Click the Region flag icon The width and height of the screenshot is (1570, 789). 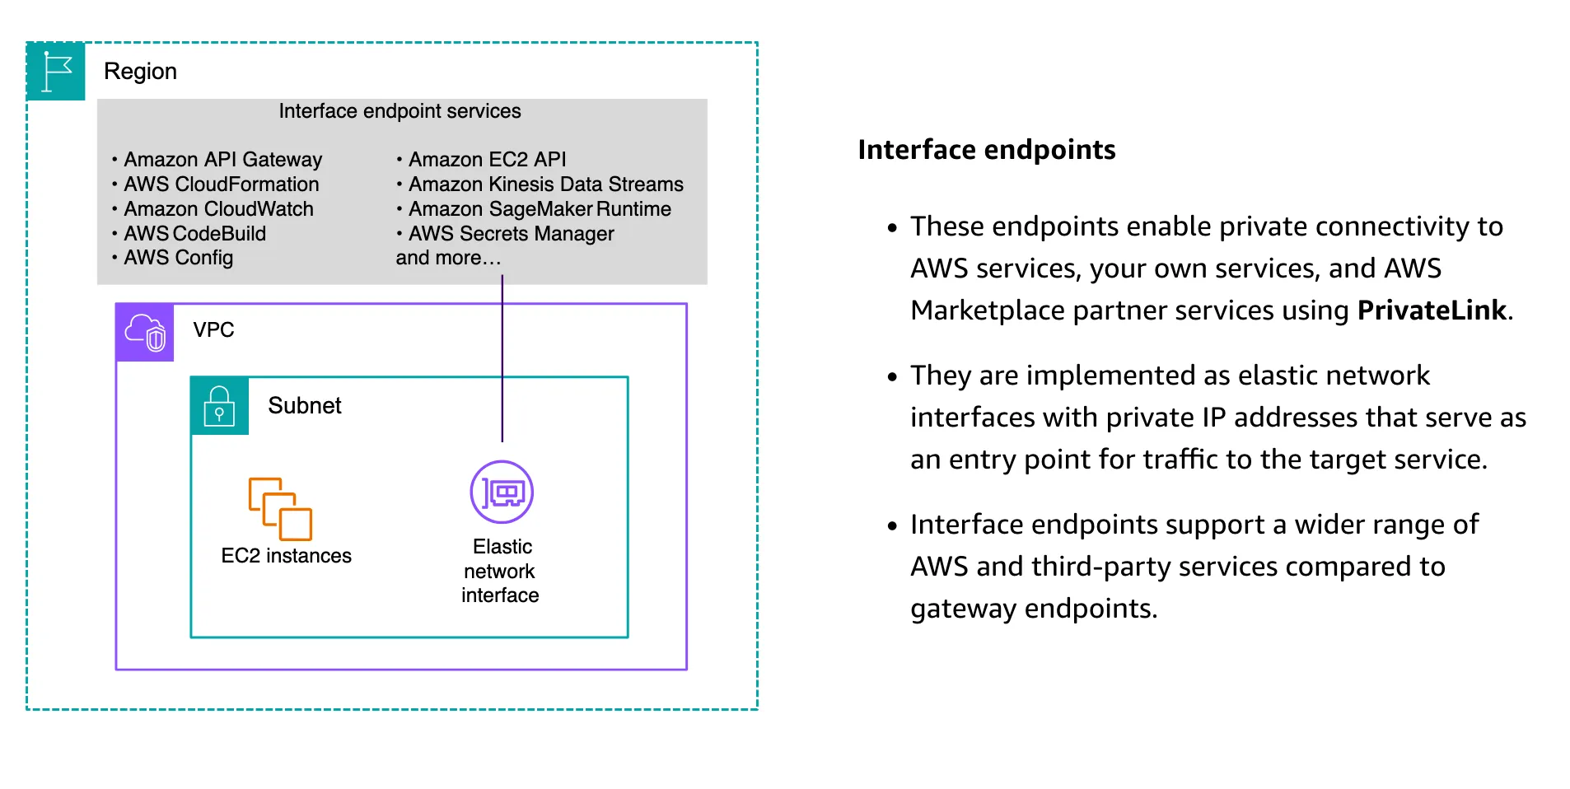point(56,72)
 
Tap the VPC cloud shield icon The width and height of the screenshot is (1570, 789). point(145,333)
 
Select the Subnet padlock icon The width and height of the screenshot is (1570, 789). point(219,406)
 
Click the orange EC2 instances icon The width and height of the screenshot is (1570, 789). point(280,508)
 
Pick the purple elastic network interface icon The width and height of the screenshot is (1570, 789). point(502,493)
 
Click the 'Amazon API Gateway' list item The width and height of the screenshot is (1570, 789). point(222,160)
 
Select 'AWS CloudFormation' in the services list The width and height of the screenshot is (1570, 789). point(221,184)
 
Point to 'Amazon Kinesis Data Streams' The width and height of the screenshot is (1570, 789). point(545,184)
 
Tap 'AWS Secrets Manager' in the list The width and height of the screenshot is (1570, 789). point(511,234)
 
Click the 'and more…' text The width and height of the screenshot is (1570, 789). point(448,258)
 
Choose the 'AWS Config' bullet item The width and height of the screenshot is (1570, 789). point(178,258)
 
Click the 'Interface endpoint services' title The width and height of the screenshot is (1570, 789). point(400,111)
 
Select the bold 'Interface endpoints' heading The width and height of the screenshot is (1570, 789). point(986,150)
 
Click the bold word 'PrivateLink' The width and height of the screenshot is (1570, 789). point(1432,310)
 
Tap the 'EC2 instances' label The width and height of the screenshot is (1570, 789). point(286,556)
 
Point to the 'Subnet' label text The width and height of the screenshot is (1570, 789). point(304,405)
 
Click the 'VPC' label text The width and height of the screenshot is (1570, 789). point(213,329)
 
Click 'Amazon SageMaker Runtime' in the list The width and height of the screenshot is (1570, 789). point(540,209)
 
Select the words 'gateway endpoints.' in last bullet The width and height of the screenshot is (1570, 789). point(1034,609)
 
